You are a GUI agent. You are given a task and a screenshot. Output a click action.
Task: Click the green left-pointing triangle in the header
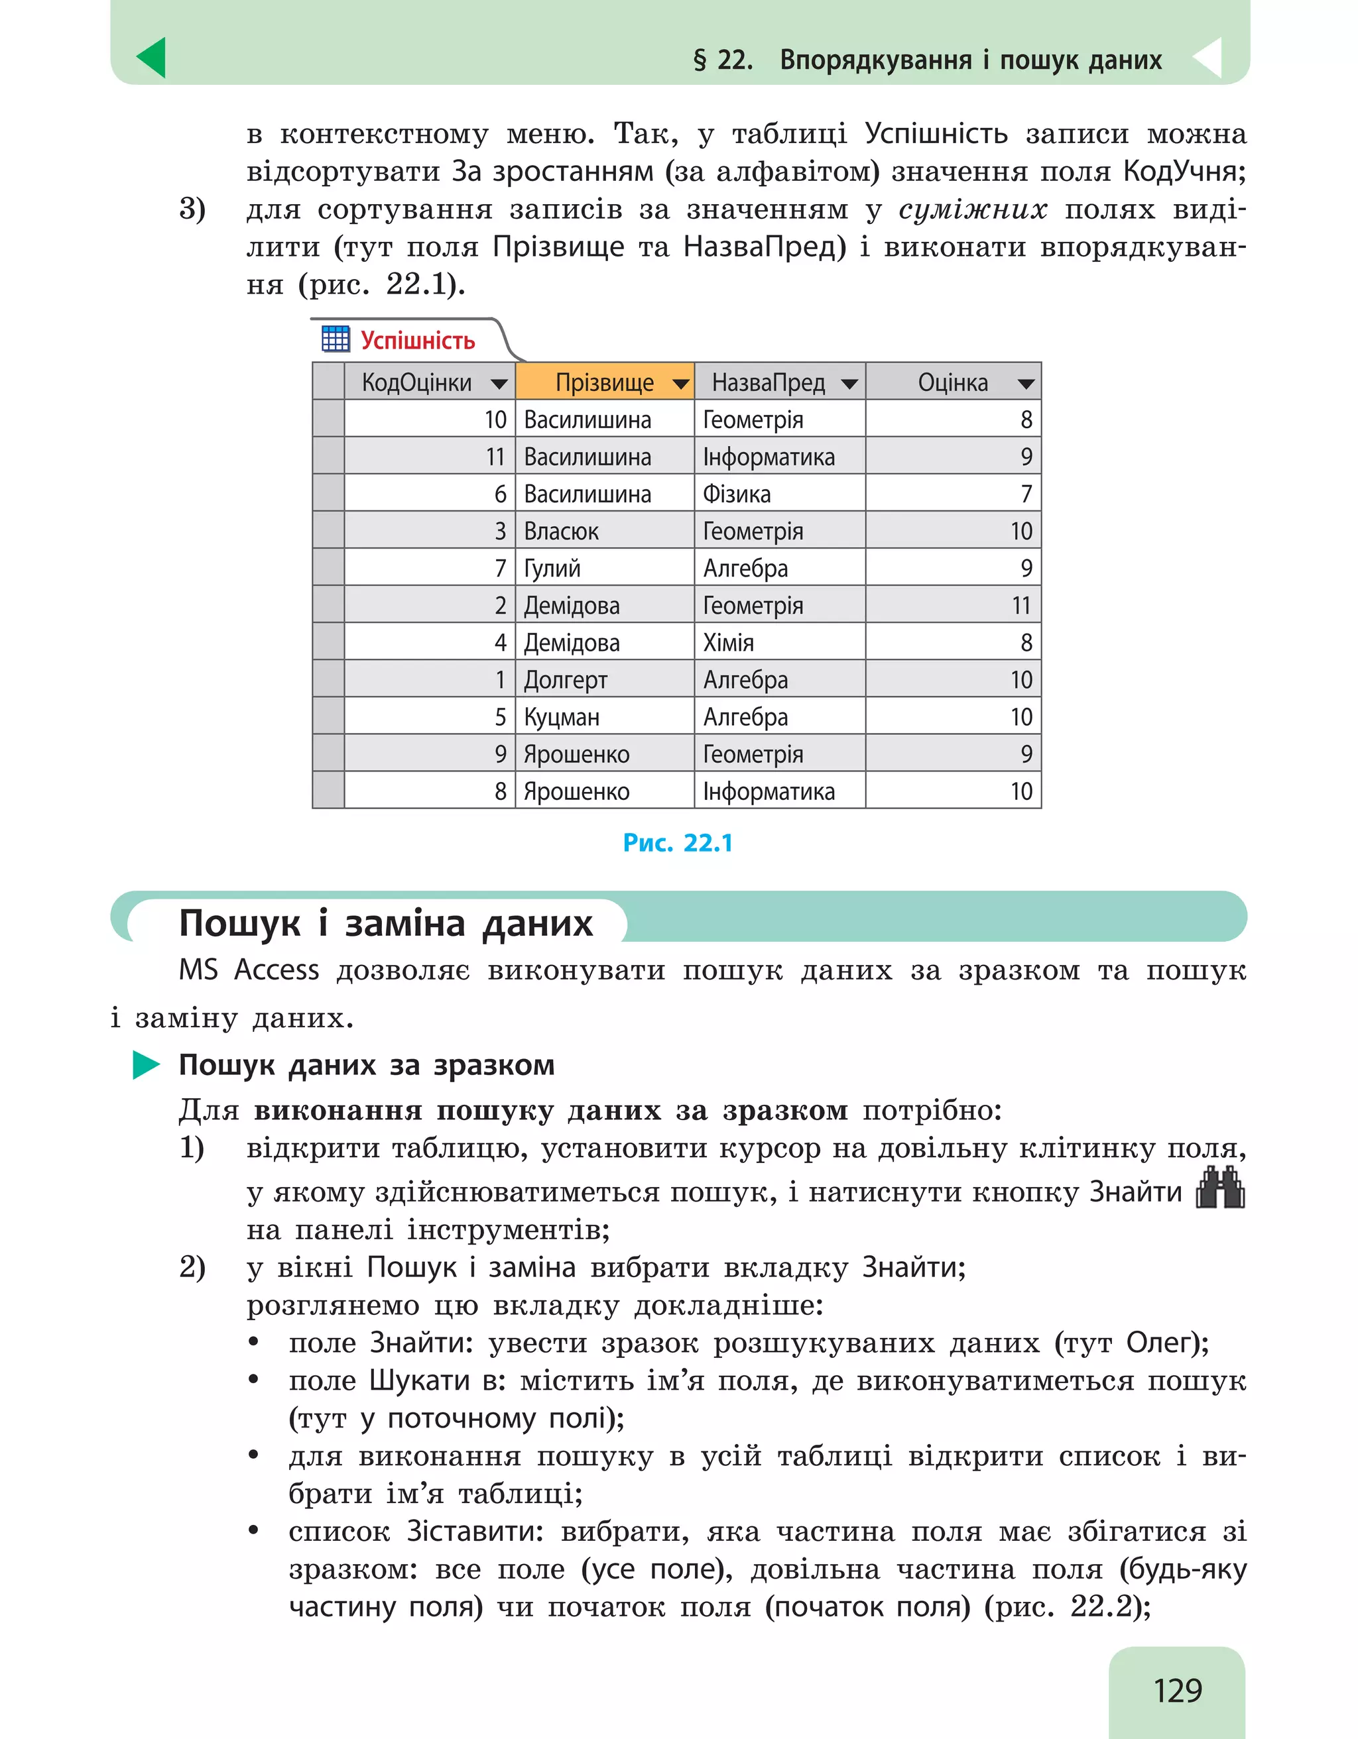[152, 58]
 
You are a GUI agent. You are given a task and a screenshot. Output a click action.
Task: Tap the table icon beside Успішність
[336, 339]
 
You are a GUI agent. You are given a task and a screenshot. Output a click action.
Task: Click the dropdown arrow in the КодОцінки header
[499, 384]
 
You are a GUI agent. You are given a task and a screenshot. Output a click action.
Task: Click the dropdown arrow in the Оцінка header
[1026, 384]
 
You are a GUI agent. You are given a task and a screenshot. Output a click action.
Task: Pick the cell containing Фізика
[737, 494]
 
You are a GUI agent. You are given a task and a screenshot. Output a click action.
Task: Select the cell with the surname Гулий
[552, 569]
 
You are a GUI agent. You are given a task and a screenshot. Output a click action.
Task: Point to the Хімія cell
[728, 643]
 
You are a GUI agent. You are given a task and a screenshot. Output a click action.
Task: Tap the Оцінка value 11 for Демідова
[1020, 606]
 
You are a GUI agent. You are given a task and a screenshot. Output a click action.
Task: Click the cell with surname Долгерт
[566, 680]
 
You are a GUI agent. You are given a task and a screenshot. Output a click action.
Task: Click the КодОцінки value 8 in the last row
[500, 791]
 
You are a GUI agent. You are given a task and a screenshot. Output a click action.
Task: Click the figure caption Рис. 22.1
[678, 842]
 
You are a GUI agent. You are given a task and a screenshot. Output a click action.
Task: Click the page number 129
[1177, 1690]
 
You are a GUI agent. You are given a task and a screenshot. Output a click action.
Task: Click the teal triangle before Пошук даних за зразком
[146, 1064]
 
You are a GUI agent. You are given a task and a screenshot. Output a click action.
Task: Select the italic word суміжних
[973, 209]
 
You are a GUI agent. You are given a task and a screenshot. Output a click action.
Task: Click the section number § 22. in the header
[722, 60]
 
